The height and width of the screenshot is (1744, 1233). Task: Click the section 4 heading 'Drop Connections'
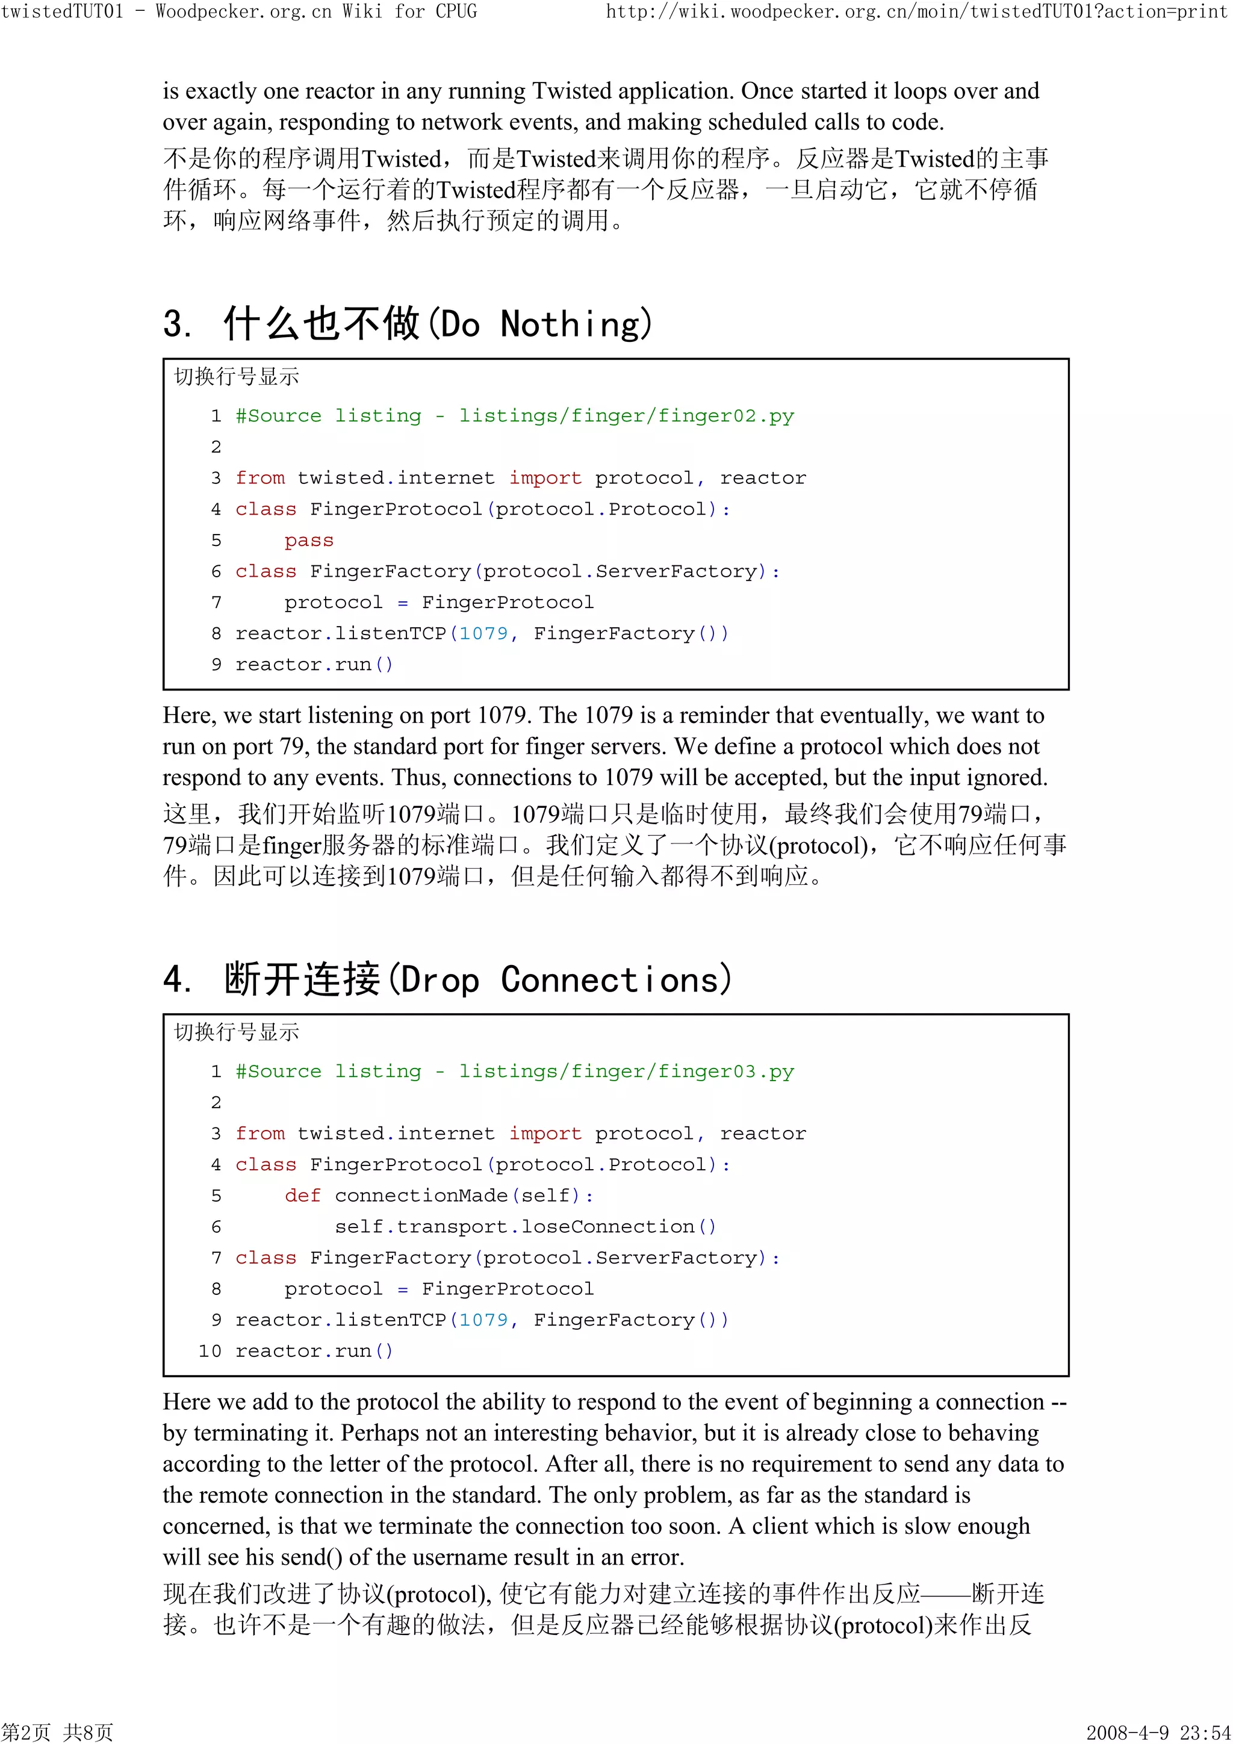[565, 980]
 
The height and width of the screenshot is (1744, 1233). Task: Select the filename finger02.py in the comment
[725, 416]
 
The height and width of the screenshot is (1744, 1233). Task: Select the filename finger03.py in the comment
[725, 1072]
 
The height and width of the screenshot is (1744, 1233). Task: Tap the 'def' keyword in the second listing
[302, 1196]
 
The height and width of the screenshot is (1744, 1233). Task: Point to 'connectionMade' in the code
[421, 1196]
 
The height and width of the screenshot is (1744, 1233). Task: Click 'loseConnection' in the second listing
[607, 1227]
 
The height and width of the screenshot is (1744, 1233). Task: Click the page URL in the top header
[916, 11]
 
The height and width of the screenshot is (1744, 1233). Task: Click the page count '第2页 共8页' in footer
[57, 1733]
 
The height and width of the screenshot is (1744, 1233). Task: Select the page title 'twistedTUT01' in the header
[61, 11]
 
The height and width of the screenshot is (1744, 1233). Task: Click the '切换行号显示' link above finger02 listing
[237, 377]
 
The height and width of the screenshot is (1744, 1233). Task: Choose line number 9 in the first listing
[217, 665]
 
